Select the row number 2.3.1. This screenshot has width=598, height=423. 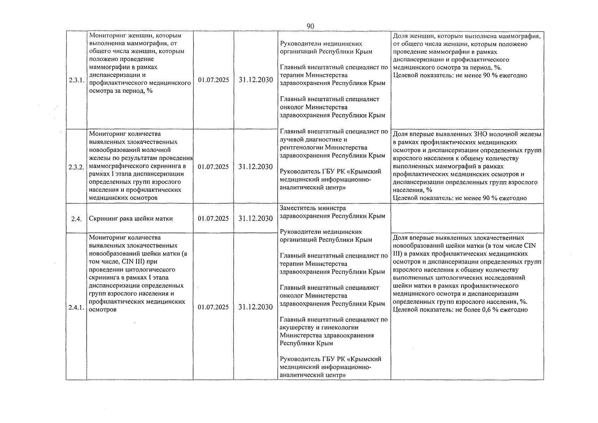pos(76,80)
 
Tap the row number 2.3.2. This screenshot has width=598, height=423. pos(76,167)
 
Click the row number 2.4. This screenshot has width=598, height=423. pos(76,219)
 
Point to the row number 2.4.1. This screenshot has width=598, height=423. pos(76,307)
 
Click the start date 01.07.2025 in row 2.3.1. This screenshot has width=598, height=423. pos(213,80)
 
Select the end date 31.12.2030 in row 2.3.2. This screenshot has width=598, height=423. pos(256,167)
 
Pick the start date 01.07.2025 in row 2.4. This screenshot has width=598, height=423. pos(213,219)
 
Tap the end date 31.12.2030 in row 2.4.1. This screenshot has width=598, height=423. pos(256,307)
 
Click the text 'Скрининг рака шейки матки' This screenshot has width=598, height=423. pos(131,219)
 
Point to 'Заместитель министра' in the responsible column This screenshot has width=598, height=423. pos(313,208)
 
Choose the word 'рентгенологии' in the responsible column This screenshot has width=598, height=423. pos(300,147)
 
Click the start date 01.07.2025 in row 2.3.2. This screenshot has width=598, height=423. pos(213,167)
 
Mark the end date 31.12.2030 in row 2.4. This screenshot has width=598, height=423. pos(256,219)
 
